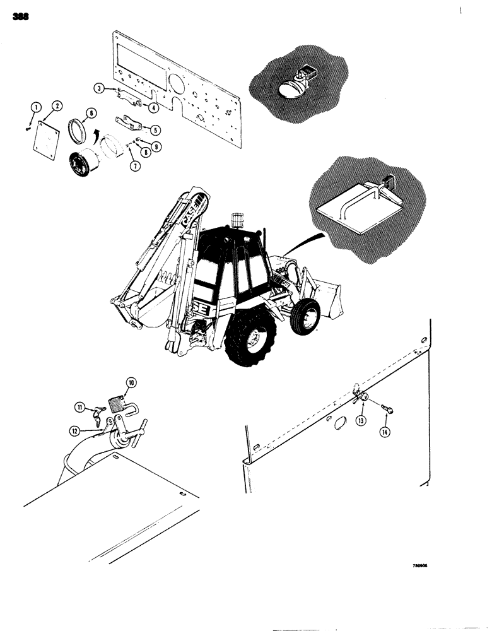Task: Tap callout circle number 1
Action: tap(37, 105)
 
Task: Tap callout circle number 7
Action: tap(133, 166)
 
